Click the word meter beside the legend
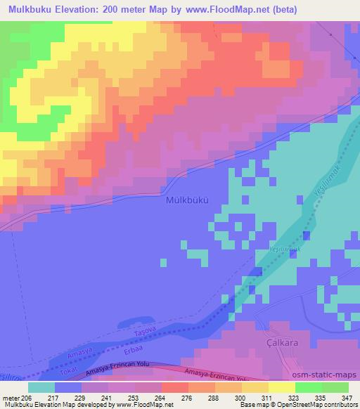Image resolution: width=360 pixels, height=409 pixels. click(9, 397)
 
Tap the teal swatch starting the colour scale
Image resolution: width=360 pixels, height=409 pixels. click(41, 387)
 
